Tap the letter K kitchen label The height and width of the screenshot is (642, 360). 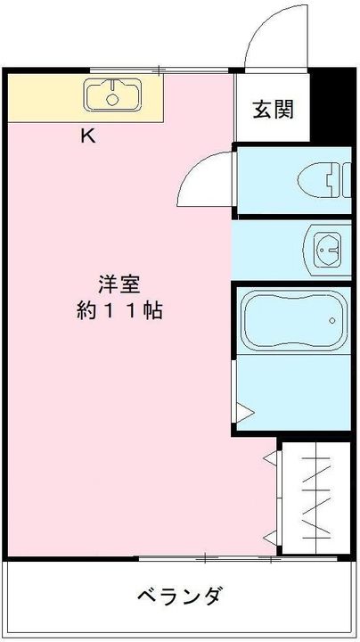point(88,136)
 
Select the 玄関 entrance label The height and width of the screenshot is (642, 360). point(273,111)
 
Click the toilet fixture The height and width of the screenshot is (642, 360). point(317,179)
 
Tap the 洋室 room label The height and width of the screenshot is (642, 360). point(119,284)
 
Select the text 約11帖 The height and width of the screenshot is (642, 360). point(119,312)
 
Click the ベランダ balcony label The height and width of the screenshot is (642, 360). point(179,596)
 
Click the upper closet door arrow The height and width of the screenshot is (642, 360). point(271,459)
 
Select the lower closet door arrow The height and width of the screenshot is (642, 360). point(271,536)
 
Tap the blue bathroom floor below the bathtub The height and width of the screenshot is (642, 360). point(294,392)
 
